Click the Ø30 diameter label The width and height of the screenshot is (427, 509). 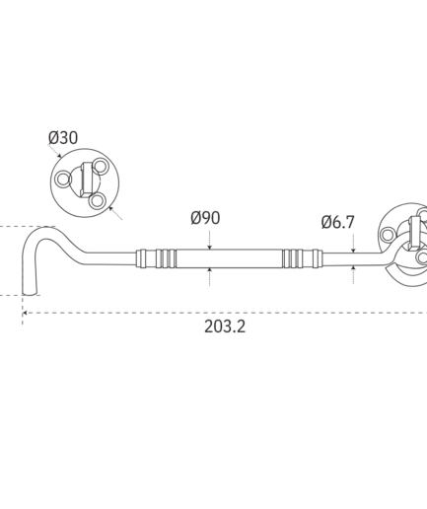[63, 137]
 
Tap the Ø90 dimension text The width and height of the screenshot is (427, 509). [205, 218]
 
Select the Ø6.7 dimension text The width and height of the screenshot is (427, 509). [338, 222]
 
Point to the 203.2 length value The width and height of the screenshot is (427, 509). [225, 327]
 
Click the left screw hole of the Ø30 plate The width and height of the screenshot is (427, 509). [63, 180]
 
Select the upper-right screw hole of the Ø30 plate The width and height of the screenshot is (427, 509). [101, 167]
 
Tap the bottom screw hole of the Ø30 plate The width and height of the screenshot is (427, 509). [98, 200]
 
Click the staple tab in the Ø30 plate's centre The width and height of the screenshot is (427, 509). [87, 180]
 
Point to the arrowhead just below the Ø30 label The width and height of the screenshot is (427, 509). [59, 155]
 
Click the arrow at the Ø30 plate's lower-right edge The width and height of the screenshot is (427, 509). [115, 213]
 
